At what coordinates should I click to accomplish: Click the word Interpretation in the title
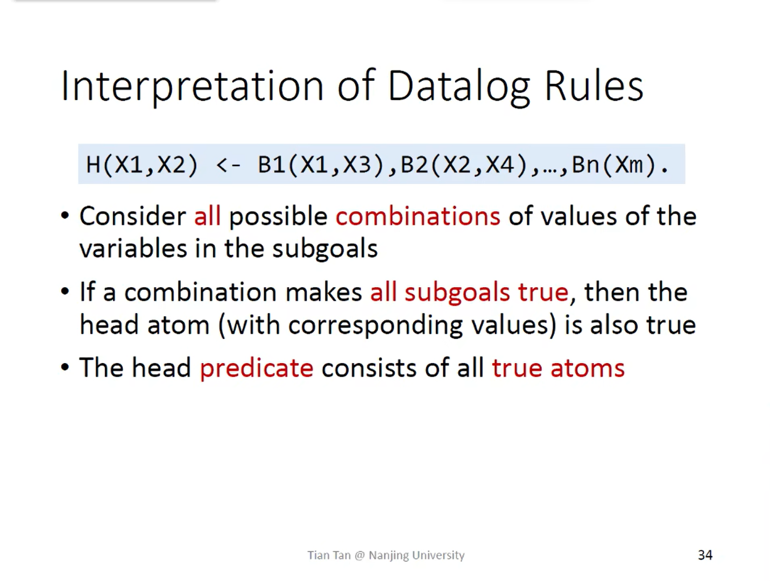pyautogui.click(x=192, y=86)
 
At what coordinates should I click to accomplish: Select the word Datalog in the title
pyautogui.click(x=458, y=86)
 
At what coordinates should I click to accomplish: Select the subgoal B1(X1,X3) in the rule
pyautogui.click(x=321, y=165)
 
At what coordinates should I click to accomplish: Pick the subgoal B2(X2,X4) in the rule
pyautogui.click(x=463, y=165)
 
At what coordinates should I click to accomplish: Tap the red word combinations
pyautogui.click(x=418, y=216)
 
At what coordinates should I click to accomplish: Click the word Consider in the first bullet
pyautogui.click(x=132, y=216)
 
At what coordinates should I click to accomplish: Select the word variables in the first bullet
pyautogui.click(x=133, y=248)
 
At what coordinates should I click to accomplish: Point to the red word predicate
pyautogui.click(x=256, y=368)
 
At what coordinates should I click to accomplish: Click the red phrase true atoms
pyautogui.click(x=558, y=368)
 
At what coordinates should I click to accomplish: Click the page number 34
pyautogui.click(x=705, y=555)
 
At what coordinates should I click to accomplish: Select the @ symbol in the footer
pyautogui.click(x=359, y=555)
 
